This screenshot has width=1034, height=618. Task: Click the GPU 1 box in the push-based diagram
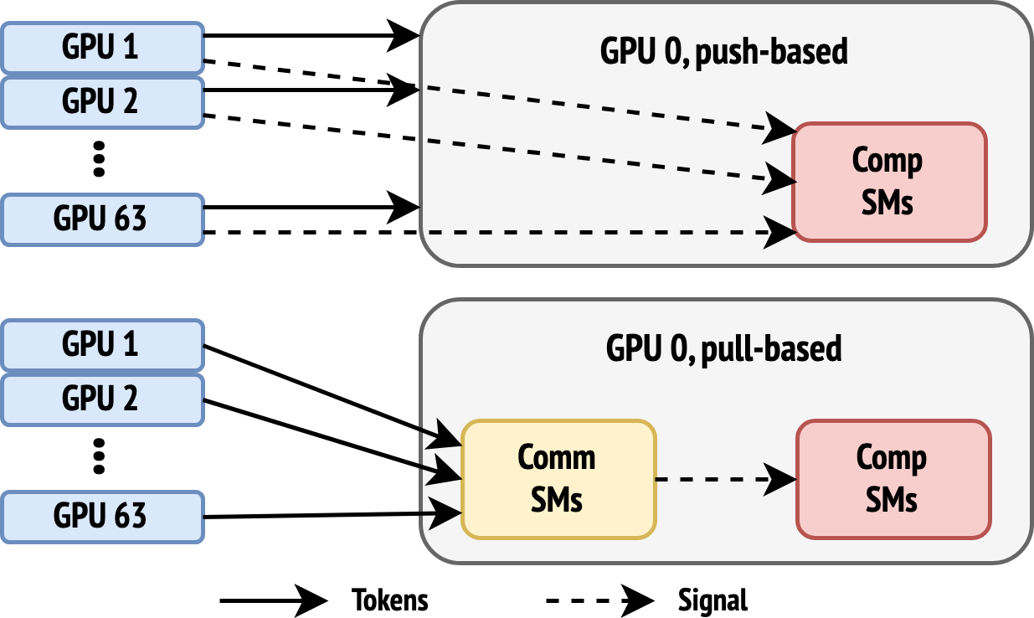[102, 47]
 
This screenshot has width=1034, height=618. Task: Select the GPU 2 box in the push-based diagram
[102, 102]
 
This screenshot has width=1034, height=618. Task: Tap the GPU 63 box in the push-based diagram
[102, 219]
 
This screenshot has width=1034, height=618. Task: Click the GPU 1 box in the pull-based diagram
[102, 344]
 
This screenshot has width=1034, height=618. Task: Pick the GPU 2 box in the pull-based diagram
[102, 399]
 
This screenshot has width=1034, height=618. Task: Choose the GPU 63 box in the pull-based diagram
[102, 517]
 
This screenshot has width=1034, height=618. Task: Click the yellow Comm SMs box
[558, 479]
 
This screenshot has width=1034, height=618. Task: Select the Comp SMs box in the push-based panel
[889, 182]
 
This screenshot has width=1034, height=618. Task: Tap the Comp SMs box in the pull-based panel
[893, 479]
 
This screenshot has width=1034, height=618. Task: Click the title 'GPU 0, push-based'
[723, 52]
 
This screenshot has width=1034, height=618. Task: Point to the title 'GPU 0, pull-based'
[723, 349]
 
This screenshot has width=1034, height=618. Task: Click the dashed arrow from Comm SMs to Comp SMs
[726, 480]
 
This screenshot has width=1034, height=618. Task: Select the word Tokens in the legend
[389, 600]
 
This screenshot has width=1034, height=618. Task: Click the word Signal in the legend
[712, 600]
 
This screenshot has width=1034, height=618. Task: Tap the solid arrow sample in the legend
[274, 601]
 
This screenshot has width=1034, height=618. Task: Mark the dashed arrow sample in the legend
[600, 601]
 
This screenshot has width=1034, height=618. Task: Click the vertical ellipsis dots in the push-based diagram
[99, 159]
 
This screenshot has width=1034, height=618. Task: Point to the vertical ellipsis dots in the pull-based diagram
[99, 456]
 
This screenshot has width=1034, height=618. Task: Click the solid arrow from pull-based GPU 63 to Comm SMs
[332, 515]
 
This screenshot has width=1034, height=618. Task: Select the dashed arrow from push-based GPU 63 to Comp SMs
[500, 232]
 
